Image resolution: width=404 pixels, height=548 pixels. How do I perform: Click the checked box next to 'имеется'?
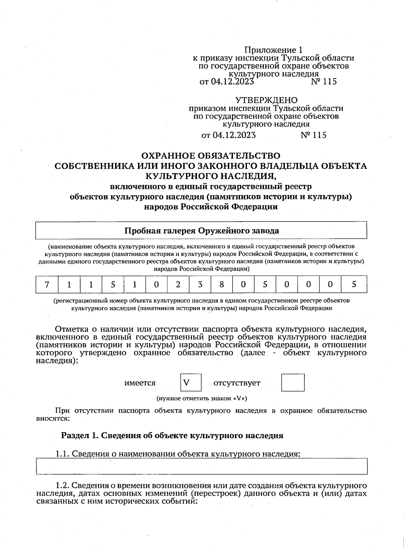pos(191,382)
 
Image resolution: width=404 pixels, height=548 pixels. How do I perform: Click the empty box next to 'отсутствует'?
pos(293,382)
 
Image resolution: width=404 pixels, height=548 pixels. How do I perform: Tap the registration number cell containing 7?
pos(47,285)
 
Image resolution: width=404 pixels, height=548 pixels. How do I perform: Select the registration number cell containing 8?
pos(222,285)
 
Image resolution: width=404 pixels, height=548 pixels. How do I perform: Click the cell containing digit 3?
pos(200,285)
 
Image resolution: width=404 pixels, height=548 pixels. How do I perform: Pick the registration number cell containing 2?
pos(178,285)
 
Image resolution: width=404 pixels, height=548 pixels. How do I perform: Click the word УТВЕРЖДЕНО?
pos(266,100)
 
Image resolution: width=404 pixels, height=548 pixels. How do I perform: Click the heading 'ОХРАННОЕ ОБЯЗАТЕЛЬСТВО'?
pos(210,156)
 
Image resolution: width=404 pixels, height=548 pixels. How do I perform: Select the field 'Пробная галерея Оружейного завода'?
pos(201,231)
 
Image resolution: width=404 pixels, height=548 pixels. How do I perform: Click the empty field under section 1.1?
pos(201,466)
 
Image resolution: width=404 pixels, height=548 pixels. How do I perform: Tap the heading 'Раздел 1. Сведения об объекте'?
pos(172,436)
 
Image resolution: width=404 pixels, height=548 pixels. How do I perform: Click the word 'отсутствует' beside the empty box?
pos(237,383)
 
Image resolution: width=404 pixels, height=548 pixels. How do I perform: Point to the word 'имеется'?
pos(140,383)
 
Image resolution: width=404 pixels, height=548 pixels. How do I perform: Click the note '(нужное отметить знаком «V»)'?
pos(202,398)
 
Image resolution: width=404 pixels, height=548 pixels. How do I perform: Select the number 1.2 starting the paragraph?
pos(62,486)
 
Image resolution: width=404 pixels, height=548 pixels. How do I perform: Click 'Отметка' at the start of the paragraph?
pos(70,329)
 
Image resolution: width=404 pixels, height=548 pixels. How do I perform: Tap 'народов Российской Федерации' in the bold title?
pos(211,207)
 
